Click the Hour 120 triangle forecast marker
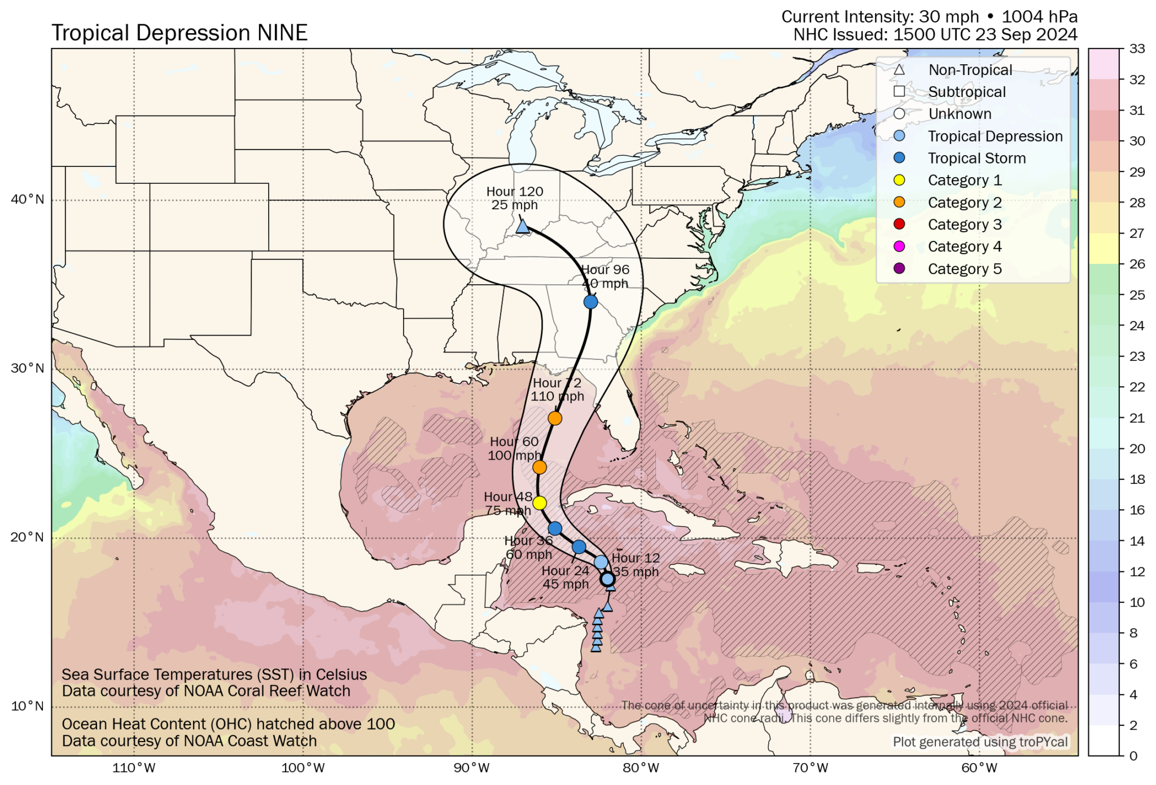coord(523,227)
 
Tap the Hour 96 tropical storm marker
coord(590,302)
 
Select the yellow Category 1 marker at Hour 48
coord(540,503)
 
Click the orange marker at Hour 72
coord(555,418)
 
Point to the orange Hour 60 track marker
coord(540,468)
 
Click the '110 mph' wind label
coord(557,396)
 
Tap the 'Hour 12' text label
coord(635,558)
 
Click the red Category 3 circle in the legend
coord(899,224)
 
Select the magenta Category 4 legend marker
coord(899,246)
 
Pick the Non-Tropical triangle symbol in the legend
coord(899,70)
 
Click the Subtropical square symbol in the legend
coord(899,91)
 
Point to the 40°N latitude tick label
coord(27,200)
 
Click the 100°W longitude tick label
coord(303,768)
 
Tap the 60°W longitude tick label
coord(979,768)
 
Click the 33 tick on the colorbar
coord(1137,49)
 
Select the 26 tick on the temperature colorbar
coord(1137,264)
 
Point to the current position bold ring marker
coord(607,579)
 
